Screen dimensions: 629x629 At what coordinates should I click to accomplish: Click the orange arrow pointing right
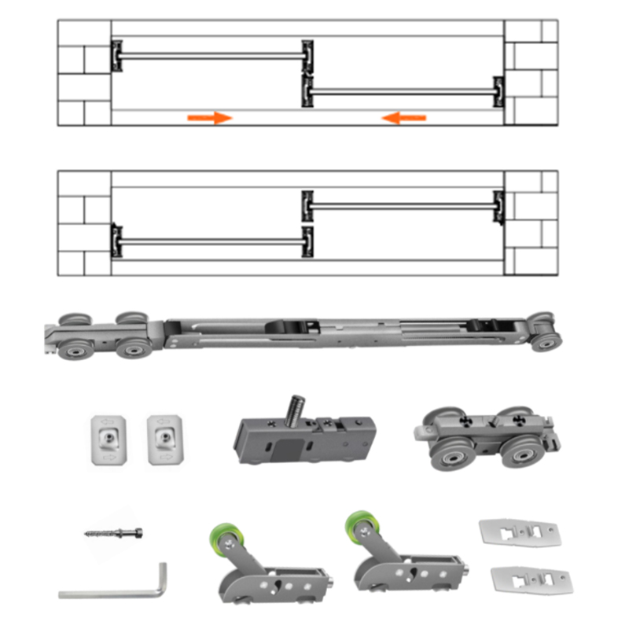pos(210,118)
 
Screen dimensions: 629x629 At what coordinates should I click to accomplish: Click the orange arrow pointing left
pos(404,118)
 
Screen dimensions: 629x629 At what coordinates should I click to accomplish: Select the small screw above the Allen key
pos(113,532)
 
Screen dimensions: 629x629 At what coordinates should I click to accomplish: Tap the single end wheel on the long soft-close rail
pos(545,333)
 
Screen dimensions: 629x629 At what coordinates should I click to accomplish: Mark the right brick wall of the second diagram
pos(531,223)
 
